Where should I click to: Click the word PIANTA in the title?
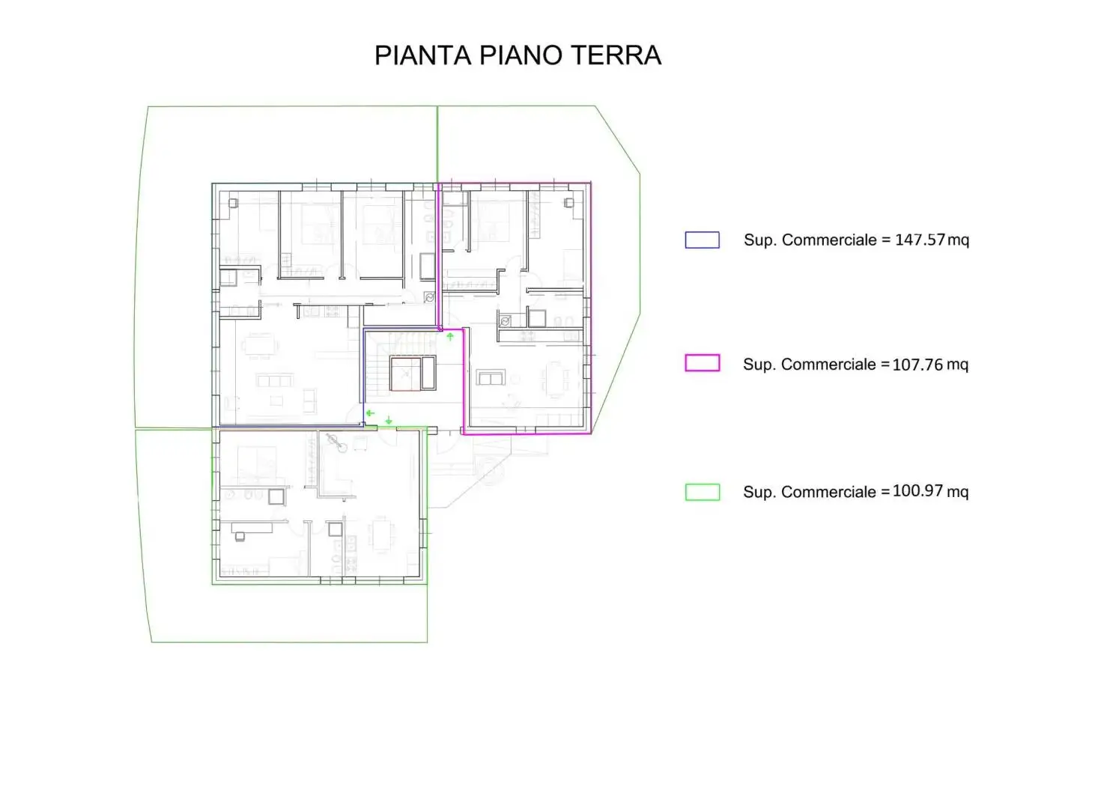tap(422, 55)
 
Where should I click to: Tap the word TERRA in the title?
tap(616, 55)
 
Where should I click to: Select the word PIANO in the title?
tap(521, 55)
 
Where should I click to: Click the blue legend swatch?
tap(702, 240)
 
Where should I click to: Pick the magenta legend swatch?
tap(702, 363)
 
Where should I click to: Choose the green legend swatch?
tap(702, 492)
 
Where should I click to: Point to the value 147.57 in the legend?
tap(920, 240)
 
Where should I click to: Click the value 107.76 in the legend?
tap(918, 365)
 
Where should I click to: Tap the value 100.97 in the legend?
tap(918, 491)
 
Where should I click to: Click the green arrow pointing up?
tap(450, 337)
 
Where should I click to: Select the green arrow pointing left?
tap(370, 412)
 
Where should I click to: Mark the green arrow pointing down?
tap(389, 421)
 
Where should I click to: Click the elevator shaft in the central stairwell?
tap(405, 374)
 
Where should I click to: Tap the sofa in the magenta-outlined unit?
tap(491, 378)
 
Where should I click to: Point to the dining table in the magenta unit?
tap(555, 379)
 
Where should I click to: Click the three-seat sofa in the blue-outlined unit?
tap(273, 381)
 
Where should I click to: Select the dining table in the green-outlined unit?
tap(381, 534)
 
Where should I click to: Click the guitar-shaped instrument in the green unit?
tap(336, 443)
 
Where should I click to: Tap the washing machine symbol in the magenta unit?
tap(506, 321)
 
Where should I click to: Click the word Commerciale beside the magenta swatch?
tap(828, 365)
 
